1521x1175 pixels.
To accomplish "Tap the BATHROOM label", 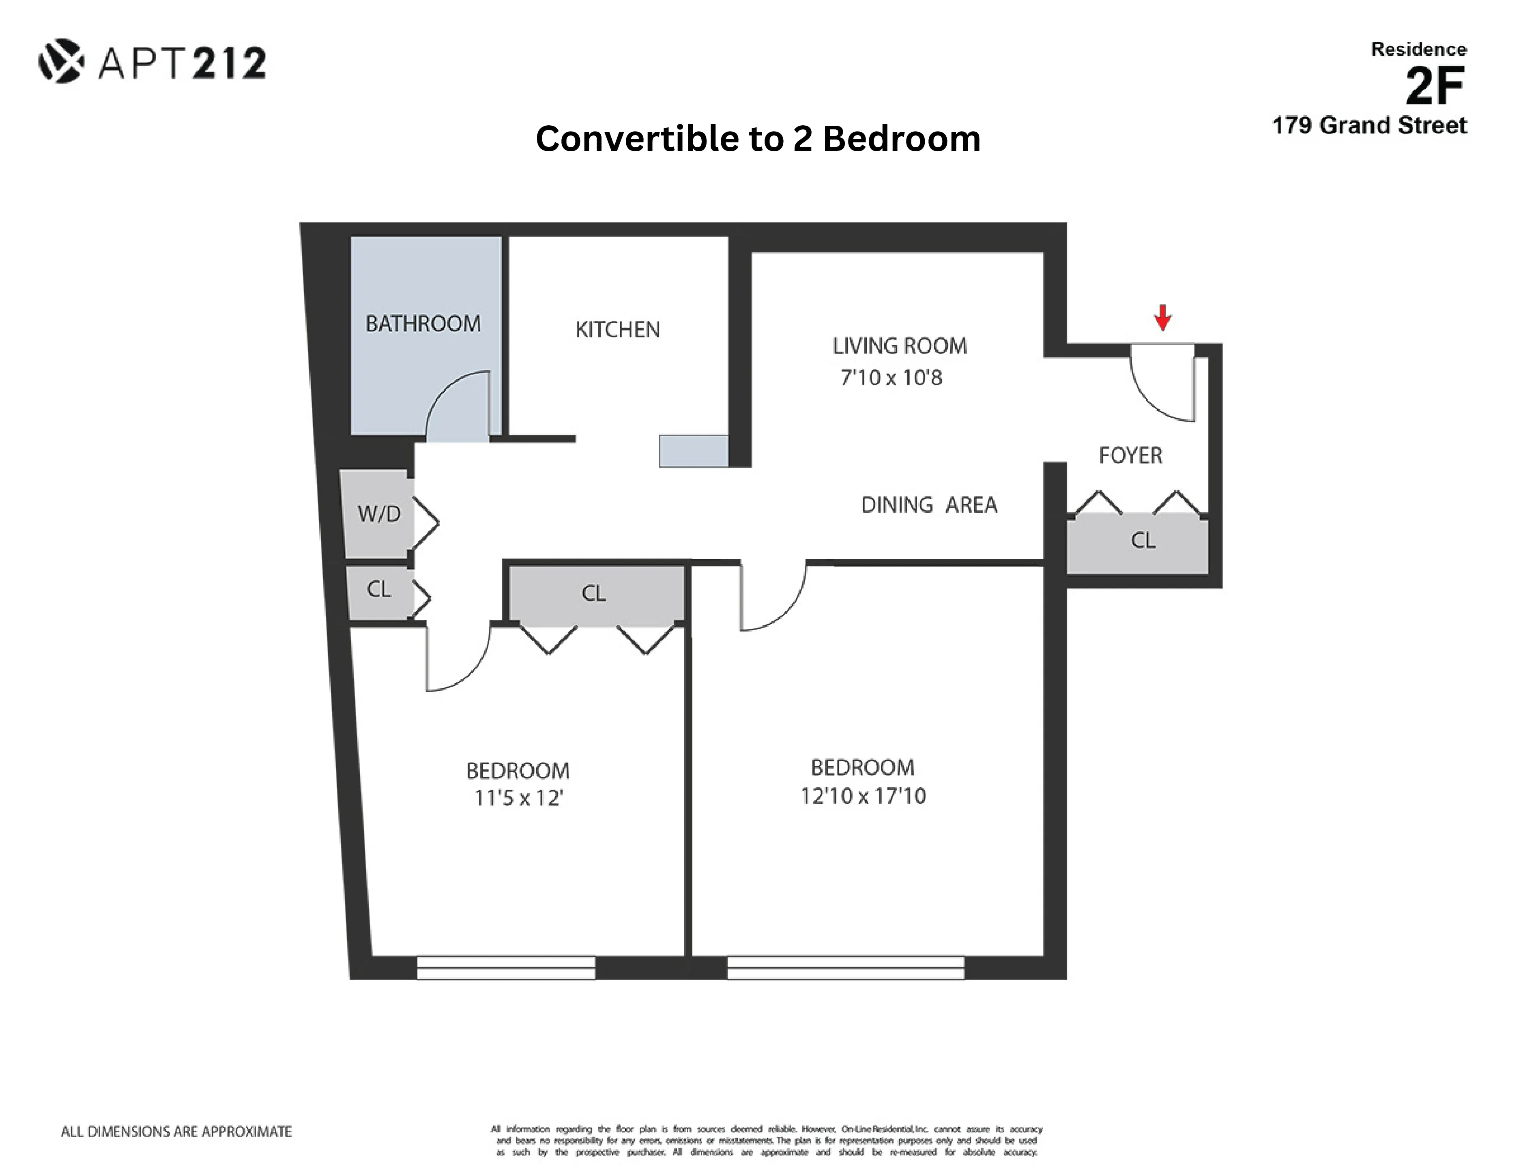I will [423, 324].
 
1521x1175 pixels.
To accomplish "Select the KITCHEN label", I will [617, 329].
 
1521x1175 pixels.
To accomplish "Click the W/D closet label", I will [379, 514].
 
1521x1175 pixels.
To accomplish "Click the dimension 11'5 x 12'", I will [518, 798].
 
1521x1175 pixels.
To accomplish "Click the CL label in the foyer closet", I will [1143, 541].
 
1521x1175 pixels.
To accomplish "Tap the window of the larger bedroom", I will [845, 967].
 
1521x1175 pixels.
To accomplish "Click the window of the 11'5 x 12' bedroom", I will [506, 967].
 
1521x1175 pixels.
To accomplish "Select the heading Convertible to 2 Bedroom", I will [758, 139].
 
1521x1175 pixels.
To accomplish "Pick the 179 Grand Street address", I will [1369, 126].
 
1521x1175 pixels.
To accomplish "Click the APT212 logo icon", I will [61, 61].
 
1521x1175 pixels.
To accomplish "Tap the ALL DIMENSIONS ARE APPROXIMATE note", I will [176, 1132].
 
